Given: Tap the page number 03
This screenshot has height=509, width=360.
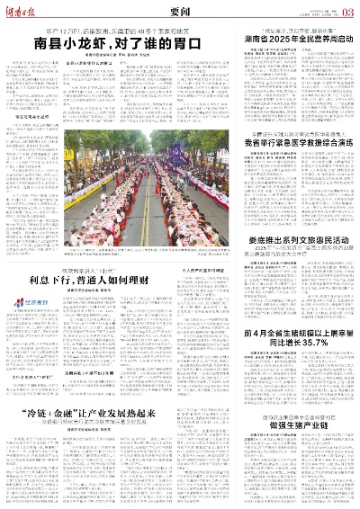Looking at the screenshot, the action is click(348, 11).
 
